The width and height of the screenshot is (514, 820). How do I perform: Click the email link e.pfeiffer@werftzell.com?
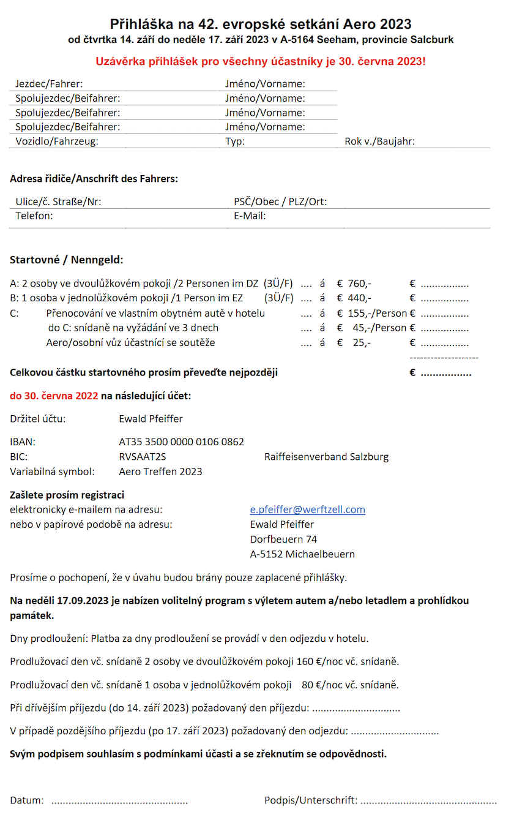(x=307, y=510)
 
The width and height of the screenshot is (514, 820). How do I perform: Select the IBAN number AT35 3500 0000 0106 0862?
(x=181, y=442)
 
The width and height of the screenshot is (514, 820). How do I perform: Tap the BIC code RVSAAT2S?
(x=142, y=457)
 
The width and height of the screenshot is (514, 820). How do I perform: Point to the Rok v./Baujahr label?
(x=379, y=141)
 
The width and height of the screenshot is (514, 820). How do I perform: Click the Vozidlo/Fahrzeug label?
(x=57, y=141)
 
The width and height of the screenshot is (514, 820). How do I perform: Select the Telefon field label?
(x=34, y=216)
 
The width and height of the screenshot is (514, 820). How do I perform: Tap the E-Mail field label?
(x=250, y=216)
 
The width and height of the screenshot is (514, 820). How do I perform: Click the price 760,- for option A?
(x=359, y=284)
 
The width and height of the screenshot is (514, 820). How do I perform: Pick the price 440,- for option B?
(x=359, y=298)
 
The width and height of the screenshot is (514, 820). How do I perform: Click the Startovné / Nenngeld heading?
(x=66, y=260)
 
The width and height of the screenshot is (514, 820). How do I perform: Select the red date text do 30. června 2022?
(x=54, y=396)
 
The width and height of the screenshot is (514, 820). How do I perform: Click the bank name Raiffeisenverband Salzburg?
(x=326, y=457)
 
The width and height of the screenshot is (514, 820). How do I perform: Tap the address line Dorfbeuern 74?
(x=283, y=540)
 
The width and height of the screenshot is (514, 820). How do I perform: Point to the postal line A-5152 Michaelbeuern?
(x=302, y=554)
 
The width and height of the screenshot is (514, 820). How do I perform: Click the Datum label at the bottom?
(x=27, y=800)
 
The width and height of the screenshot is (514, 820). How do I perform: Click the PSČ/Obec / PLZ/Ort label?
(x=280, y=201)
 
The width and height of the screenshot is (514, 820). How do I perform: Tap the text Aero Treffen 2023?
(x=160, y=472)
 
